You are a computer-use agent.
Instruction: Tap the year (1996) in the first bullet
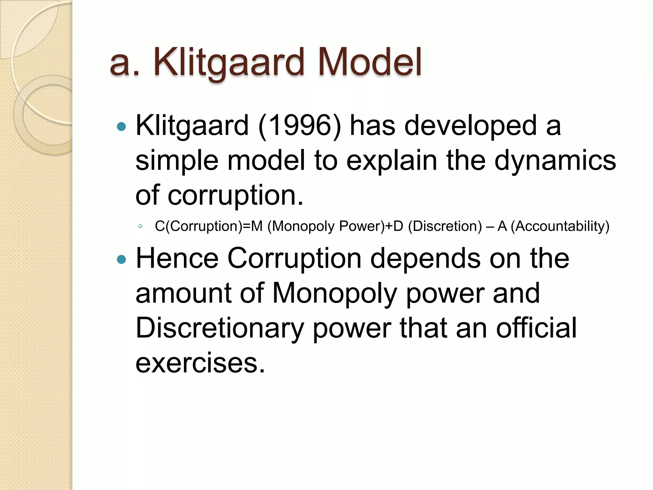pyautogui.click(x=300, y=126)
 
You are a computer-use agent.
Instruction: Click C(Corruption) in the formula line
pyautogui.click(x=198, y=226)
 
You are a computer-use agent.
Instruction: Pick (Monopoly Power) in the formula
pyautogui.click(x=326, y=226)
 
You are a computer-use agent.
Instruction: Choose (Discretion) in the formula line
pyautogui.click(x=445, y=226)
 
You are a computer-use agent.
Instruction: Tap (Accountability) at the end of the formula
pyautogui.click(x=560, y=226)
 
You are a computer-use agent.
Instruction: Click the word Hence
pyautogui.click(x=177, y=258)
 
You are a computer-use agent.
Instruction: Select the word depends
pyautogui.click(x=425, y=258)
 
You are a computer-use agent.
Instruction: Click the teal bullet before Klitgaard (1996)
pyautogui.click(x=121, y=127)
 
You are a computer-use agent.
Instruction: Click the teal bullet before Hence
pyautogui.click(x=121, y=260)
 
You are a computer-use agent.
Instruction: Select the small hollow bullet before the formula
pyautogui.click(x=140, y=226)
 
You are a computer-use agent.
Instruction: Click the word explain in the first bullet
pyautogui.click(x=392, y=161)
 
